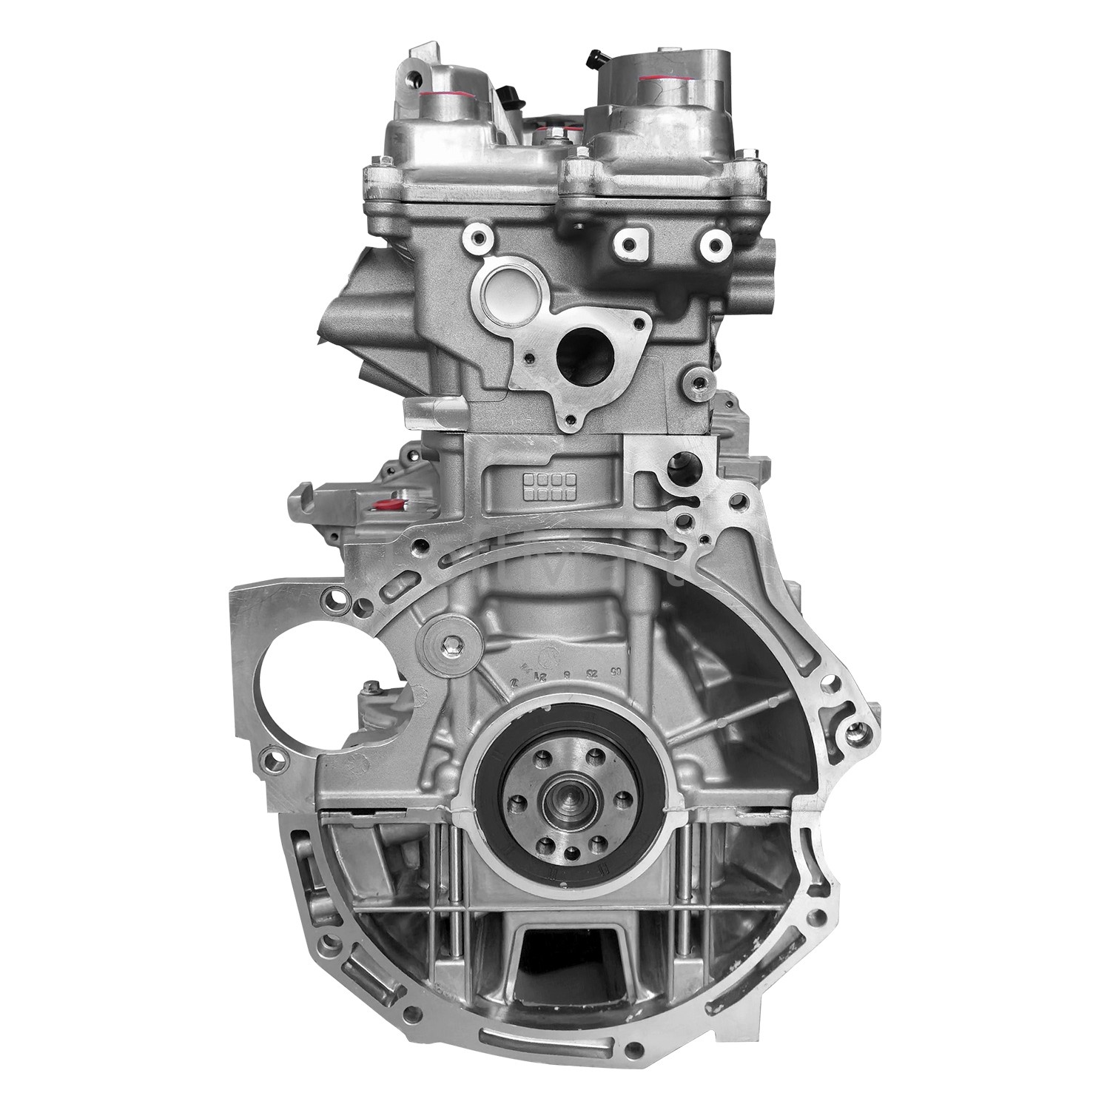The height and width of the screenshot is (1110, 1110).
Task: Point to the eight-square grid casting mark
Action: [x=548, y=485]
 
